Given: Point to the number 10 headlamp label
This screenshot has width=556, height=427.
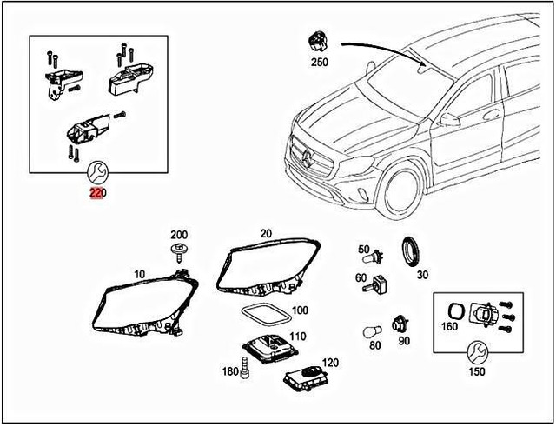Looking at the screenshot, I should click(139, 274).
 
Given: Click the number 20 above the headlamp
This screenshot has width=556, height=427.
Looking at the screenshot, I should click(266, 233).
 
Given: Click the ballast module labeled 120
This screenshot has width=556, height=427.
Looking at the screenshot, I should click(303, 376).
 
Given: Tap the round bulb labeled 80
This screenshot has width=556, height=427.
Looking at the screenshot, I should click(374, 332).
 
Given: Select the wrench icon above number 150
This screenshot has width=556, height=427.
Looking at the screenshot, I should click(477, 352).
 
